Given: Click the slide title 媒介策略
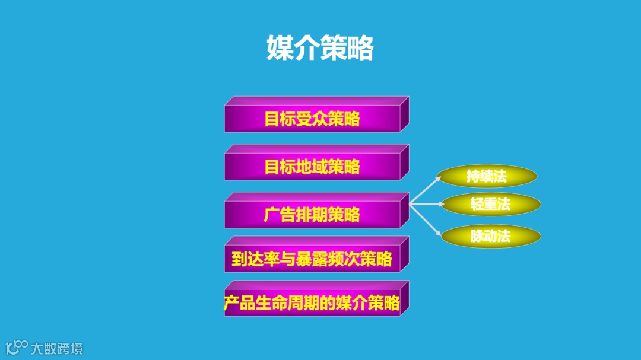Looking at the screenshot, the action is tap(320, 48).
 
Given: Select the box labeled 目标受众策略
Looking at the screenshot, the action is tap(312, 119).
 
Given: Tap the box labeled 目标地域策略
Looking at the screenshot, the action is tap(312, 167).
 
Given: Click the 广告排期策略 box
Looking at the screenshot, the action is tap(312, 214).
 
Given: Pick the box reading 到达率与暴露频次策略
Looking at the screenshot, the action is tap(312, 259).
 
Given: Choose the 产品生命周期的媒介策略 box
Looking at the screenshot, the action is tap(312, 304).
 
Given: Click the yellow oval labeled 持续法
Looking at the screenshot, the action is tap(487, 176).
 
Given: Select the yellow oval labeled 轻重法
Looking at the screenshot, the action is tap(490, 205).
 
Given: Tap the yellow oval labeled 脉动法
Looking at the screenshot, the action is tap(490, 236).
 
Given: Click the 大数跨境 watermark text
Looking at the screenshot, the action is tap(57, 348).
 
